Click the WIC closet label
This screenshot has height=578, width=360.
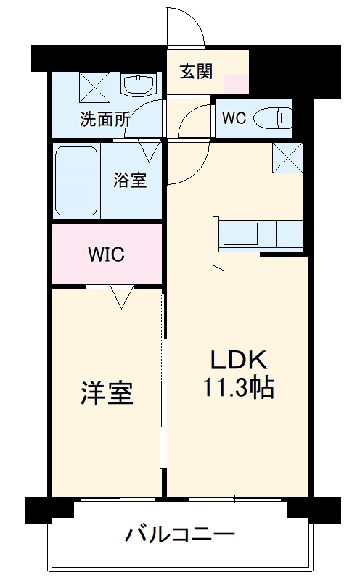point(107,255)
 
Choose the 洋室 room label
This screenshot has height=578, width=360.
point(106,393)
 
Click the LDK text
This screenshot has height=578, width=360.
point(240,360)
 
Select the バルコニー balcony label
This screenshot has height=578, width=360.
point(180,537)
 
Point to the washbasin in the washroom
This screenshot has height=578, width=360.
point(137,85)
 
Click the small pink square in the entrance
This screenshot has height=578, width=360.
point(234,83)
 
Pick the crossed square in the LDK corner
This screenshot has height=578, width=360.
point(288,158)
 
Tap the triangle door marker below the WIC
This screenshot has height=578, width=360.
point(120,296)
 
